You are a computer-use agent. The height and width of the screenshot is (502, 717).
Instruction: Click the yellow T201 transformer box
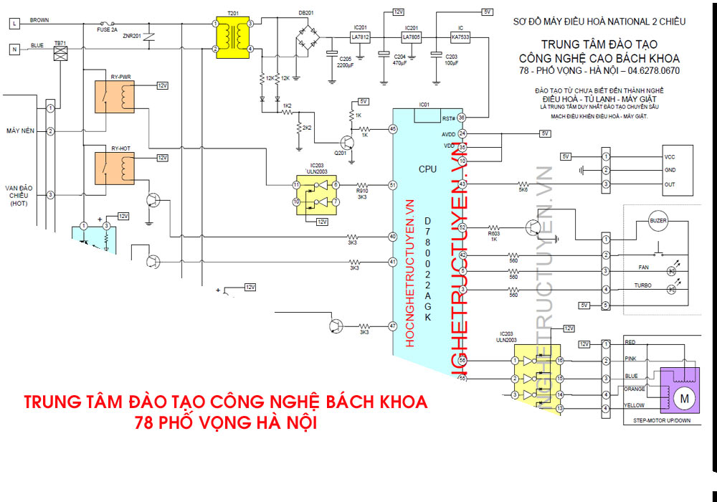click(232, 36)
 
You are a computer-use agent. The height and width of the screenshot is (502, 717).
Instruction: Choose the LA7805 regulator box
click(411, 36)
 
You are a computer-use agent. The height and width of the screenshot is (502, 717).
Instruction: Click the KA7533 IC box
click(460, 36)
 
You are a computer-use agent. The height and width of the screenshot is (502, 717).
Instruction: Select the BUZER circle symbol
click(658, 220)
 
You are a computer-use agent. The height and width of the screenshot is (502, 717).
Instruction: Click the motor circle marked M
click(683, 397)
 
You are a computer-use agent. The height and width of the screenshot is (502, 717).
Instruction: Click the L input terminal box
click(14, 23)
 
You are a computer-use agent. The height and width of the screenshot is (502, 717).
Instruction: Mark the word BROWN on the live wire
click(39, 21)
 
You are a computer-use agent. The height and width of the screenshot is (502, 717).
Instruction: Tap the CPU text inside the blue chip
click(427, 170)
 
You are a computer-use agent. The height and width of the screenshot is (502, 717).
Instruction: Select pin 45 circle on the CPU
click(392, 129)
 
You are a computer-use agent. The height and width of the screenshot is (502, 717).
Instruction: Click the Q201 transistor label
click(340, 153)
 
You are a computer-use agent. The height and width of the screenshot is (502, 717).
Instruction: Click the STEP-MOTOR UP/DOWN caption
click(662, 421)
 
